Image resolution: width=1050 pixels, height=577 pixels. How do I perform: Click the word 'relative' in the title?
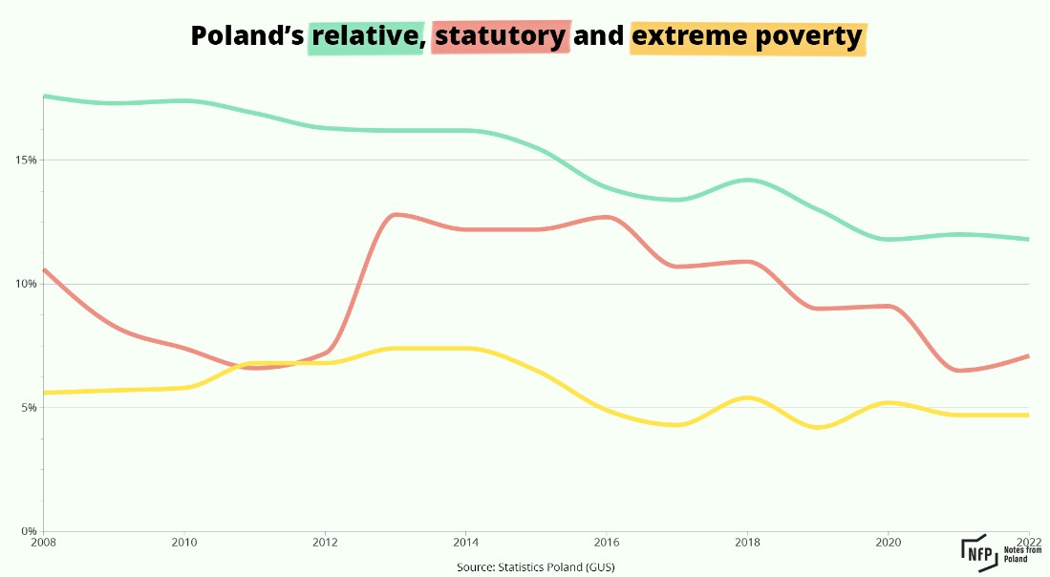coord(365,37)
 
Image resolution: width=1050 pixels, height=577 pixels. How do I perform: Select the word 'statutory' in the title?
coord(501,37)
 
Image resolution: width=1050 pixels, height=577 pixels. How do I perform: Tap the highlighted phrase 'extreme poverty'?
coord(747,37)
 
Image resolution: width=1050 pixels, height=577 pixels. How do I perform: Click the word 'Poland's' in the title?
coord(246,37)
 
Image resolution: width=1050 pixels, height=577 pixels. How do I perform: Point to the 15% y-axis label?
coord(26,160)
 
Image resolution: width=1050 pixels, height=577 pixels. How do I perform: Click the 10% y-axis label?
coord(26,284)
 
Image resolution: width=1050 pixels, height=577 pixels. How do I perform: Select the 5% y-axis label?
coord(29,407)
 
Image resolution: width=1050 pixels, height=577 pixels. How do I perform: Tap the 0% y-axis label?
coord(29,531)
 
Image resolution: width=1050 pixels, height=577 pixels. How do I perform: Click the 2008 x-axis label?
coord(43,543)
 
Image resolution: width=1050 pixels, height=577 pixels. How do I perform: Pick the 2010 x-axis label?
coord(184,543)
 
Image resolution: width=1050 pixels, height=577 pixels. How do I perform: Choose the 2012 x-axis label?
coord(326,543)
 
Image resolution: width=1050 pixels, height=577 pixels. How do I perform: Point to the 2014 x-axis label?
coord(466,543)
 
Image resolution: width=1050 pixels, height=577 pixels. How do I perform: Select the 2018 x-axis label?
coord(748,543)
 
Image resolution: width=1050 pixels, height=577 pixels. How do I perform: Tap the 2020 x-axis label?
coord(889,543)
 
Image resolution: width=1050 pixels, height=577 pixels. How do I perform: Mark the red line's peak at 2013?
coord(396,214)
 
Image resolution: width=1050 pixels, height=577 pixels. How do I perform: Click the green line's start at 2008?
coord(45,96)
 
